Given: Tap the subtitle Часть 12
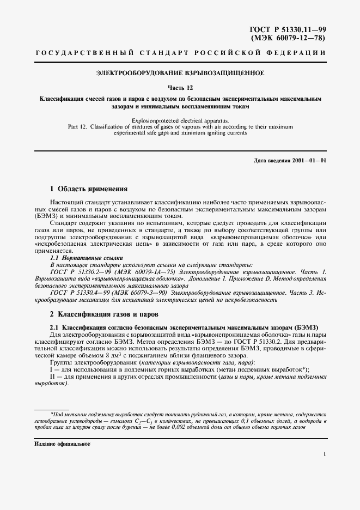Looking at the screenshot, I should (x=180, y=87).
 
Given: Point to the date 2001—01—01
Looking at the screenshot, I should (x=309, y=161).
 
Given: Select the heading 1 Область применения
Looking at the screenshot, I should (x=89, y=189).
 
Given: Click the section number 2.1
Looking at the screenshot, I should (x=55, y=327).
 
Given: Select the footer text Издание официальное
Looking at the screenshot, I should (x=59, y=444).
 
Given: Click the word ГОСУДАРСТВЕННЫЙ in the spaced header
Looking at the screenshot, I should (x=84, y=53).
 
